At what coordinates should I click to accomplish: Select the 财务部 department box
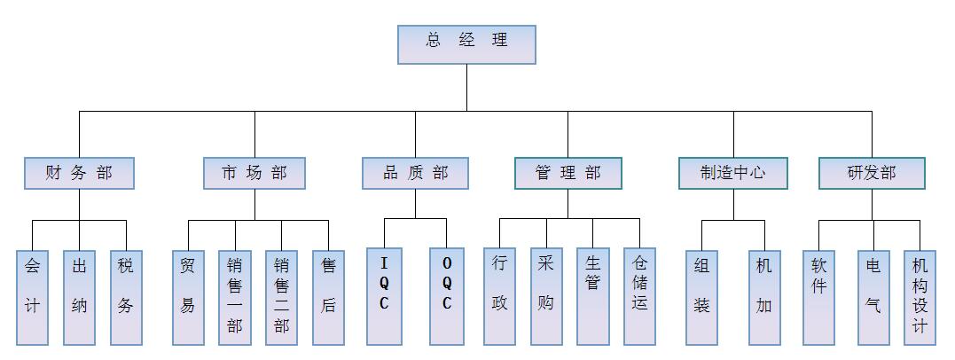pos(80,173)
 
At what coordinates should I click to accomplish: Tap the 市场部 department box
pos(254,173)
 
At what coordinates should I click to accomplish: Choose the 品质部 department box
pos(415,173)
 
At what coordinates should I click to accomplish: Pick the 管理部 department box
pos(568,173)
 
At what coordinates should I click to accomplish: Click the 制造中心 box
pos(733,173)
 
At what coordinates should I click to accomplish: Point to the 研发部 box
pos(871,173)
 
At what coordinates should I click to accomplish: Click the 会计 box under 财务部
pos(33,296)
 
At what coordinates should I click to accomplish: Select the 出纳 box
pos(80,296)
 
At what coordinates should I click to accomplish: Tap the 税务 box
pos(126,296)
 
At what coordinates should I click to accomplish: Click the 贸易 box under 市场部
pos(188,296)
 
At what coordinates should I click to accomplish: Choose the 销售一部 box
pos(235,296)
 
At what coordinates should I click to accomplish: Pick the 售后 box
pos(328,296)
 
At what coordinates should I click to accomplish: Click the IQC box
pos(384,296)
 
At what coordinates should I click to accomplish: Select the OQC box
pos(446,296)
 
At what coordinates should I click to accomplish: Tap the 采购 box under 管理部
pos(546,296)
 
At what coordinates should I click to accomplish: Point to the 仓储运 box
pos(639,296)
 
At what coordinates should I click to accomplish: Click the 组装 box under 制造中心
pos(701,296)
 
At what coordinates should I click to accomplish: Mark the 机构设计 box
pos(920,296)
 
